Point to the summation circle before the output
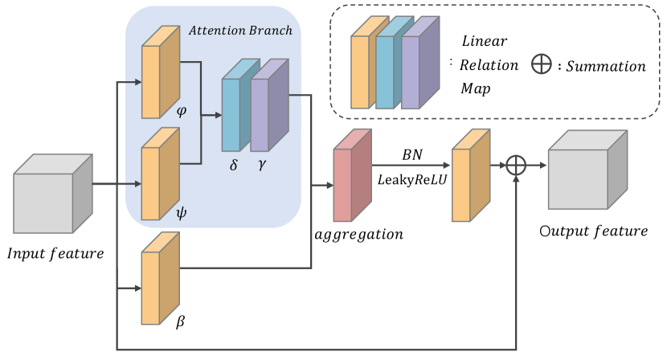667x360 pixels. point(516,166)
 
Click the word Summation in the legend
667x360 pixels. point(606,66)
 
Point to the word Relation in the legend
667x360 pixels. point(489,63)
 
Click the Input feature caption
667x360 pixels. point(55,255)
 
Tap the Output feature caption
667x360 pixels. point(594,232)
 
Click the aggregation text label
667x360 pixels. point(358,235)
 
